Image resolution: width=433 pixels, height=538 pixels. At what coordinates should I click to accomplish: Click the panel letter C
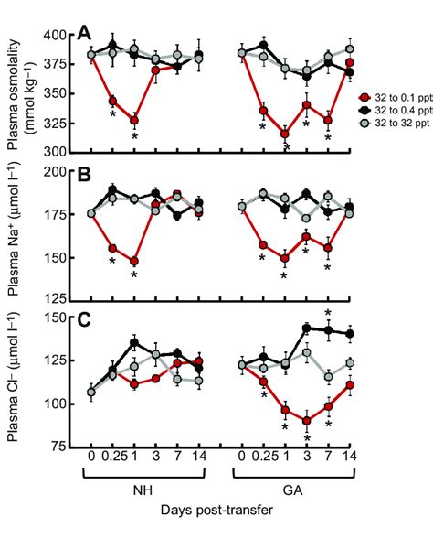[83, 320]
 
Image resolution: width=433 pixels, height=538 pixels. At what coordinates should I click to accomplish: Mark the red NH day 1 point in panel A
[134, 120]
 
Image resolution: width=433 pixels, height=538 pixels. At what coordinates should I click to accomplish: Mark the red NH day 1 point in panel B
[134, 261]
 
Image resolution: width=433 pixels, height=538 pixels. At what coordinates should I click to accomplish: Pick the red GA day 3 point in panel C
[307, 421]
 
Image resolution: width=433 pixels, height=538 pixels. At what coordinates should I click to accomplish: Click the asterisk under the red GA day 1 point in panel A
[285, 149]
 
